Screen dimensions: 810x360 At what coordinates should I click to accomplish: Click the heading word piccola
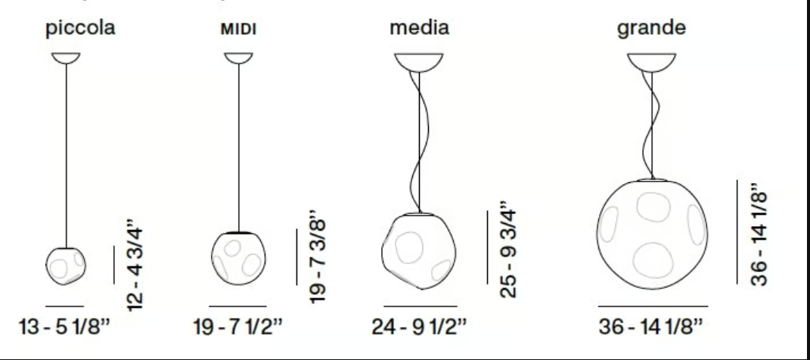tap(80, 29)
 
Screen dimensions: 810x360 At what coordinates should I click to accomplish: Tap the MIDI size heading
tap(239, 29)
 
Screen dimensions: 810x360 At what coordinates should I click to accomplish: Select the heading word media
tap(419, 27)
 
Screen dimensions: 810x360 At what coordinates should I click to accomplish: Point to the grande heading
tap(651, 28)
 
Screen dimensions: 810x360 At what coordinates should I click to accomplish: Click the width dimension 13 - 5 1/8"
tap(64, 327)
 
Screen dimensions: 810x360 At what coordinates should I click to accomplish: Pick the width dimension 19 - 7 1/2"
tap(238, 327)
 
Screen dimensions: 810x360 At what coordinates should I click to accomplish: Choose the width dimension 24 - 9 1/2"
tap(419, 327)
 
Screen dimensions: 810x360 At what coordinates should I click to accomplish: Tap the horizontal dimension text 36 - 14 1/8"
tap(651, 327)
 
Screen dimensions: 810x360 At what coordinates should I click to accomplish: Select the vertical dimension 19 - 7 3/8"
tap(318, 256)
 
